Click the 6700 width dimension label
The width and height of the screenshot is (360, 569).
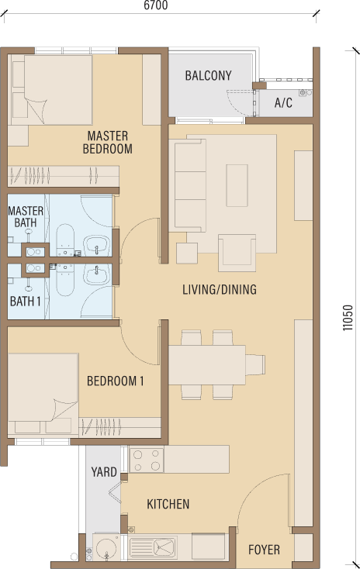155,5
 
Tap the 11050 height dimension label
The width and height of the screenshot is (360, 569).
348,318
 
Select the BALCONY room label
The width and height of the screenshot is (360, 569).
208,75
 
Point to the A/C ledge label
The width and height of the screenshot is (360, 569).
283,103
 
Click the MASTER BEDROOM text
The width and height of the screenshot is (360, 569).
108,143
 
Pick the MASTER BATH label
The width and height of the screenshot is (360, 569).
26,216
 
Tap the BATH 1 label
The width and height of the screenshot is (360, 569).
25,302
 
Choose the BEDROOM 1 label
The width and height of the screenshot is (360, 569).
116,381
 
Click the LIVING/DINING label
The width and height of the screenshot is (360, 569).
220,290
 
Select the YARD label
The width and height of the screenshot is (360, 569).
104,472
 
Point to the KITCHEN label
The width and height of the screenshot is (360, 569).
168,504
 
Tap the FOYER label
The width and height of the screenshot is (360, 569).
264,550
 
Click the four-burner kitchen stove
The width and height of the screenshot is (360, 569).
147,460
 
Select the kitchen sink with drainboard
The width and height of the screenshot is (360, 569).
153,547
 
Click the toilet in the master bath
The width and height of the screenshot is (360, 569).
65,240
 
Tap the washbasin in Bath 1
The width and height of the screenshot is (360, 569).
97,274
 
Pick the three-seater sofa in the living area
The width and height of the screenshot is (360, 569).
190,185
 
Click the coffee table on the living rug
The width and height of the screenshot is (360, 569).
237,185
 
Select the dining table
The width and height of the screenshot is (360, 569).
207,365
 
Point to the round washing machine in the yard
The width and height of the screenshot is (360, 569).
106,547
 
